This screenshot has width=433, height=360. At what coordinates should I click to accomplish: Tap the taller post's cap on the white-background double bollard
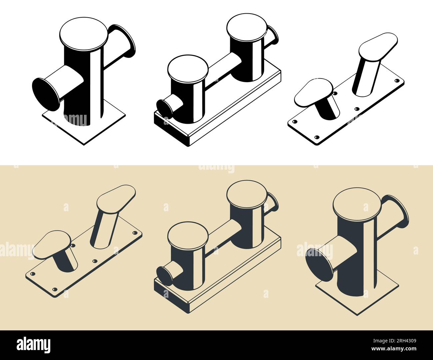tap(246, 27)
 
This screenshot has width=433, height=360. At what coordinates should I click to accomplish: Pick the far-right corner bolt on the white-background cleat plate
tap(397, 81)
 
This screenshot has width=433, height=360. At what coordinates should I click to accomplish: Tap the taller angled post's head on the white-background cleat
tap(378, 46)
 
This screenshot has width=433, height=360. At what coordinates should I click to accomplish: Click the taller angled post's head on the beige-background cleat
tap(116, 199)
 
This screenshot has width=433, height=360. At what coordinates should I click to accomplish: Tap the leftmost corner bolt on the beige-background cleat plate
tap(32, 274)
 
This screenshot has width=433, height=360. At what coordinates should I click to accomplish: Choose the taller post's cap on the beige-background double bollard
tap(246, 193)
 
